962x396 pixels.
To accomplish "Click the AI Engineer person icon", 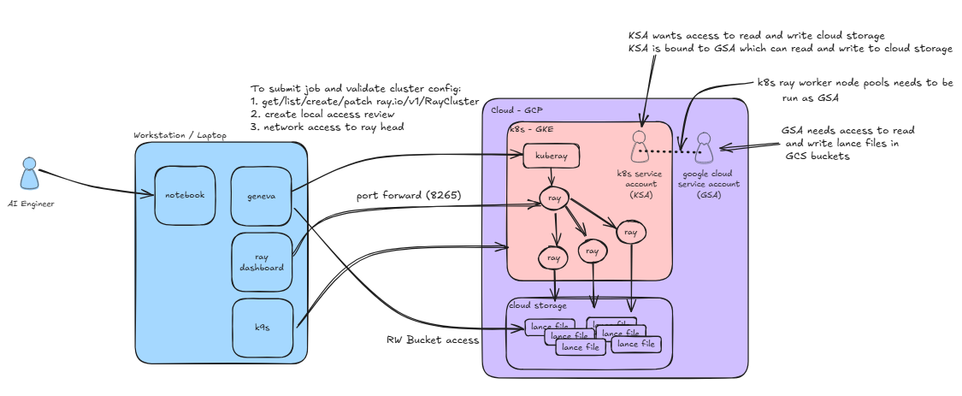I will [30, 173].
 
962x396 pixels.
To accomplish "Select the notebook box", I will [184, 195].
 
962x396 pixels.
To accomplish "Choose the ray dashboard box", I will [258, 261].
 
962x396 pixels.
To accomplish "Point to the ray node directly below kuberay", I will [553, 201].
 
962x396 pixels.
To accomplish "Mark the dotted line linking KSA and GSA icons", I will [671, 152].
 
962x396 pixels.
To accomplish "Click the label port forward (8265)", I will [409, 196].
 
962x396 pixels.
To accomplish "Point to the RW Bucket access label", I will [433, 340].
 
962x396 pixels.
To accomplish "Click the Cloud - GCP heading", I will [516, 111].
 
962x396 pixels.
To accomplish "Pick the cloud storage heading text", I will [538, 305].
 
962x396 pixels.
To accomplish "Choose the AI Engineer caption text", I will [30, 204].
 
